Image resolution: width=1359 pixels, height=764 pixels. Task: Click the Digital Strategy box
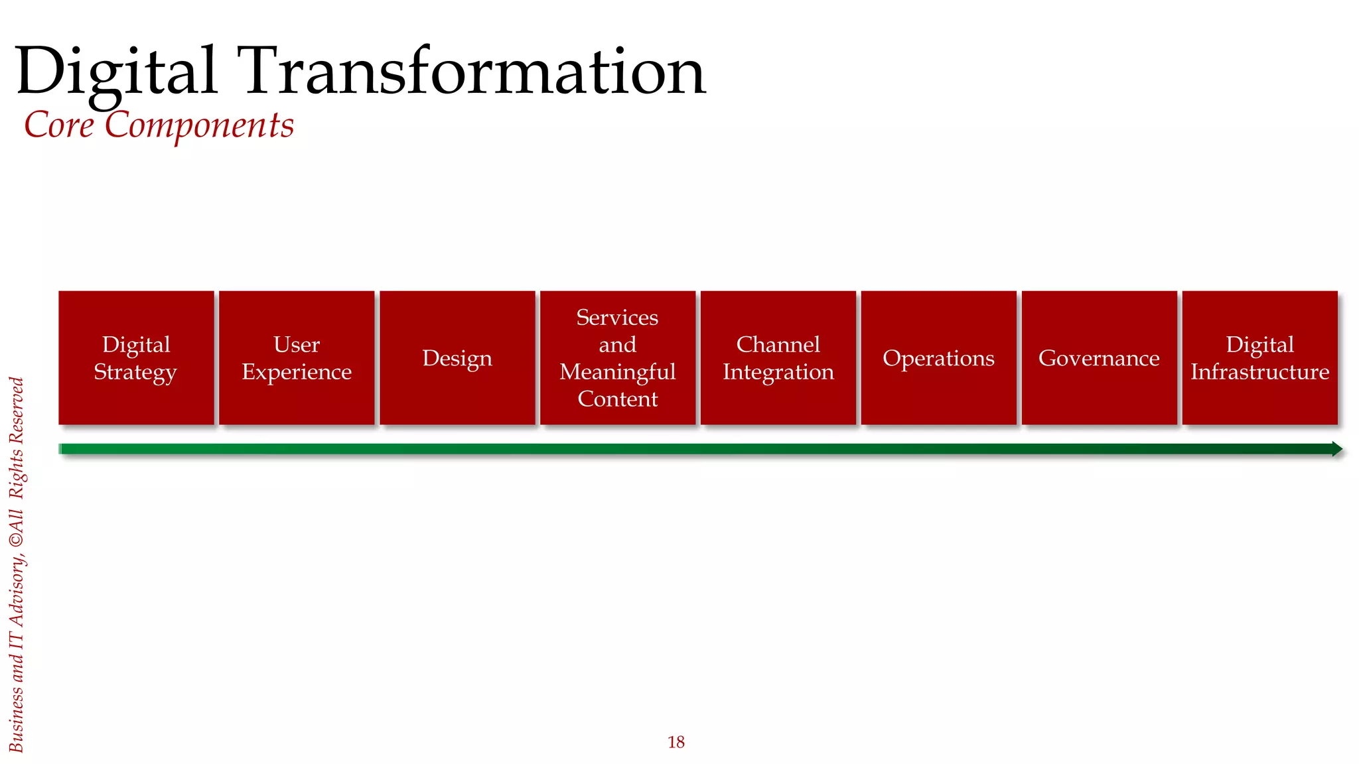136,357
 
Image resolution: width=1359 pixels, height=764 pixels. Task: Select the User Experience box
297,357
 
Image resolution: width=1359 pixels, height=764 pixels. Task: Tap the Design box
457,357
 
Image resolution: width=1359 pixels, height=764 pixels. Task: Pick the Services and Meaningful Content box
618,357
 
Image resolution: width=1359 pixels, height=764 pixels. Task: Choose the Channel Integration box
778,357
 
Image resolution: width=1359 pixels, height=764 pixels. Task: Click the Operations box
939,357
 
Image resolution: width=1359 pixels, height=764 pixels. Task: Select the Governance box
1100,357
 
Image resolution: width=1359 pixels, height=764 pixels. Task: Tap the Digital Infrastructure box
1260,357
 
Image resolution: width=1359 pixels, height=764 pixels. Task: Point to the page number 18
676,742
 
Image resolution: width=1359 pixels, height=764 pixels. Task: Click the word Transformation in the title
474,71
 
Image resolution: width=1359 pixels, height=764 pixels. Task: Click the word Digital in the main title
116,71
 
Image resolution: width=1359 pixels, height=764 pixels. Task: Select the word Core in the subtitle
59,125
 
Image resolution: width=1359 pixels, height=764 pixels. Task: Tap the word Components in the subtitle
199,125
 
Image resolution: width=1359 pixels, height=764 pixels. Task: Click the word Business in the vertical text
17,719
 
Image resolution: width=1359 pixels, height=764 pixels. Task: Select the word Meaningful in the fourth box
618,372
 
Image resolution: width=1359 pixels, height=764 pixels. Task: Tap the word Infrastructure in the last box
1260,372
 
